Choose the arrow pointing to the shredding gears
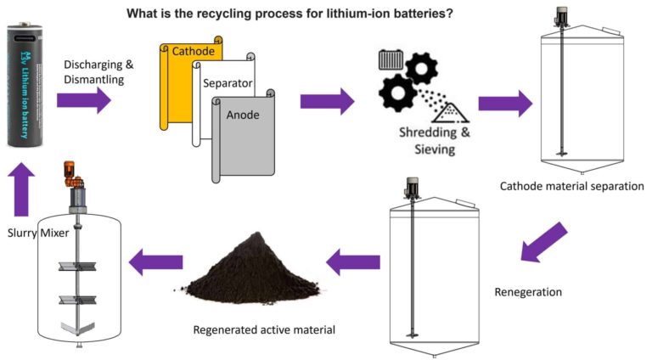pos(327,101)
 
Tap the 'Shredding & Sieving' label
pos(424,140)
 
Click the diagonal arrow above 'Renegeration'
pos(542,241)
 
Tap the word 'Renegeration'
pos(528,292)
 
